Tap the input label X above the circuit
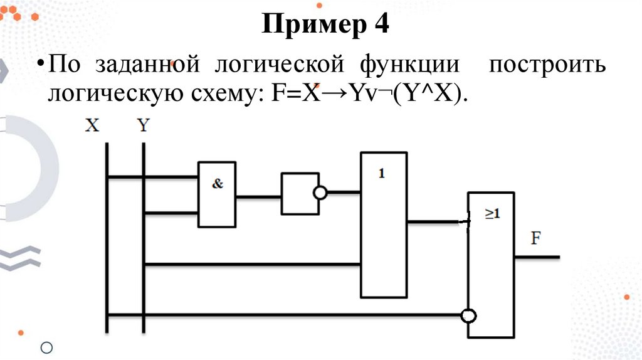[x=92, y=125]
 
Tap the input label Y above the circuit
[x=144, y=125]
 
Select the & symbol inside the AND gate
[x=218, y=184]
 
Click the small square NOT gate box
[x=298, y=194]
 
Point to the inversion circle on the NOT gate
[x=320, y=193]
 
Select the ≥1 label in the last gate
[x=492, y=214]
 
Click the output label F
[x=537, y=239]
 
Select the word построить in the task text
[x=547, y=65]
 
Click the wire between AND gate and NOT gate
[x=259, y=196]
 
